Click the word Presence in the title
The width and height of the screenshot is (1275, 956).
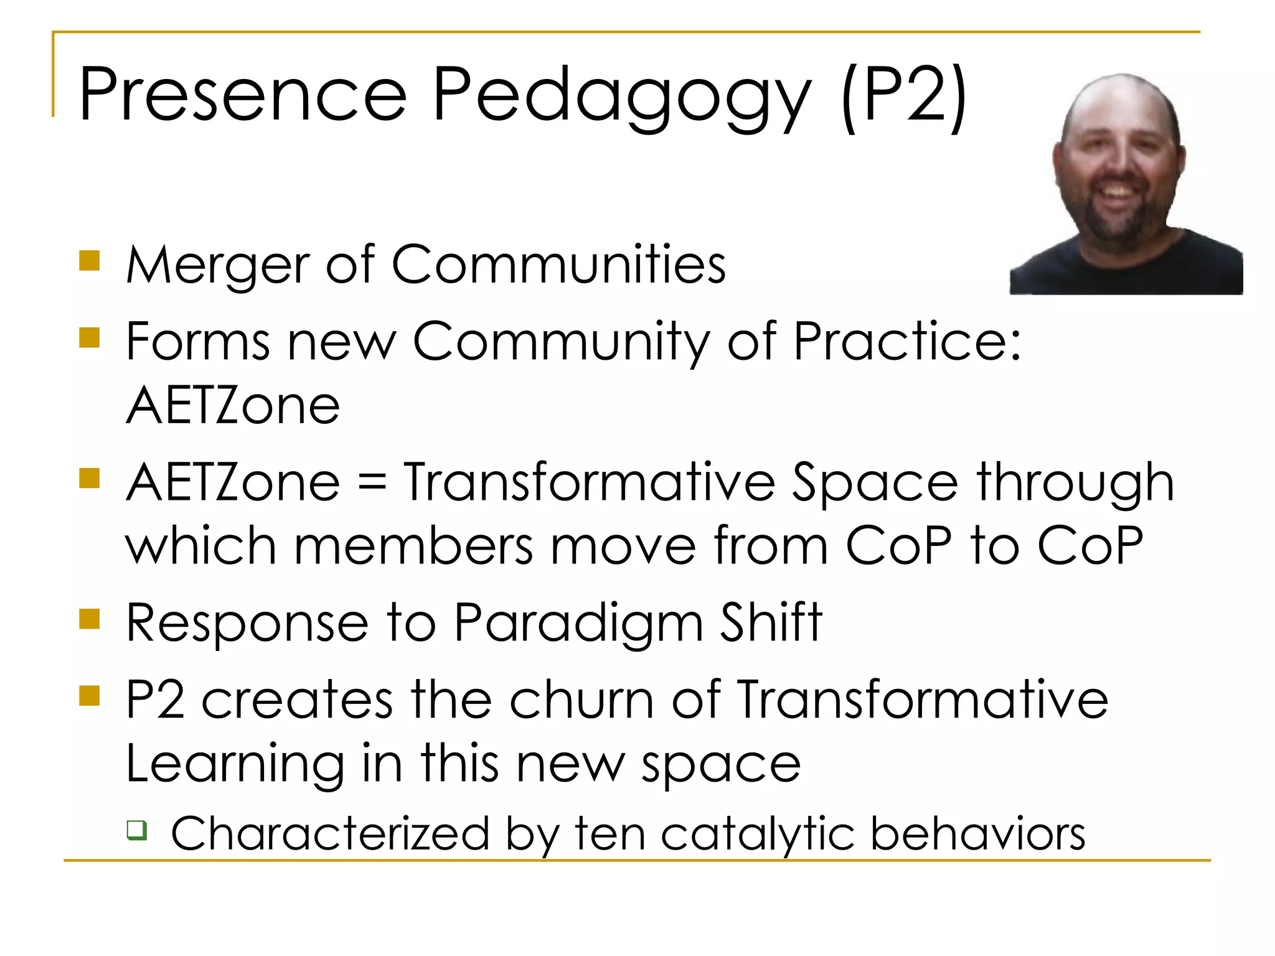(x=243, y=95)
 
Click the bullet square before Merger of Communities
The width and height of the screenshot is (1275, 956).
(x=90, y=261)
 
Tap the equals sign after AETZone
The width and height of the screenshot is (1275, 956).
(x=372, y=482)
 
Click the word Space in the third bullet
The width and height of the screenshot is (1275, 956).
(x=874, y=482)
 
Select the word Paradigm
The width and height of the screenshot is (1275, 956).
(x=578, y=624)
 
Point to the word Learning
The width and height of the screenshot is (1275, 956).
(x=235, y=764)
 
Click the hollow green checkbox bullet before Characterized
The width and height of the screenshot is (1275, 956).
(x=137, y=830)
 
